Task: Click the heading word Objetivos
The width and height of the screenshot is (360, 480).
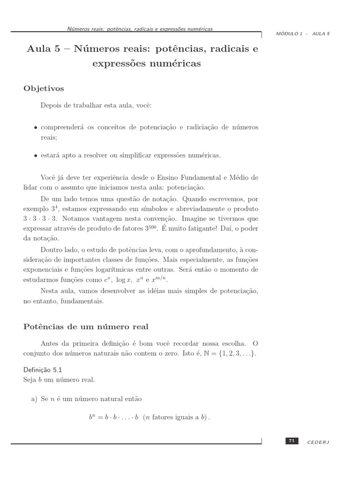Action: [44, 88]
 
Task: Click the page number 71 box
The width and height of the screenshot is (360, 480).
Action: [292, 441]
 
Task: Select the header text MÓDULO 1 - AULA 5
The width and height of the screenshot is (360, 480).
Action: [303, 34]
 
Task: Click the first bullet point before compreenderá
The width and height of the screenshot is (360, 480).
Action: [36, 127]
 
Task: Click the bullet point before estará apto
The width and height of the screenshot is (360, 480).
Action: [36, 156]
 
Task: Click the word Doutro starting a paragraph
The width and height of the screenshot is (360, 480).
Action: [51, 249]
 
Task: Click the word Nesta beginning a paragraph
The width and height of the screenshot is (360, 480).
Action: [50, 291]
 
